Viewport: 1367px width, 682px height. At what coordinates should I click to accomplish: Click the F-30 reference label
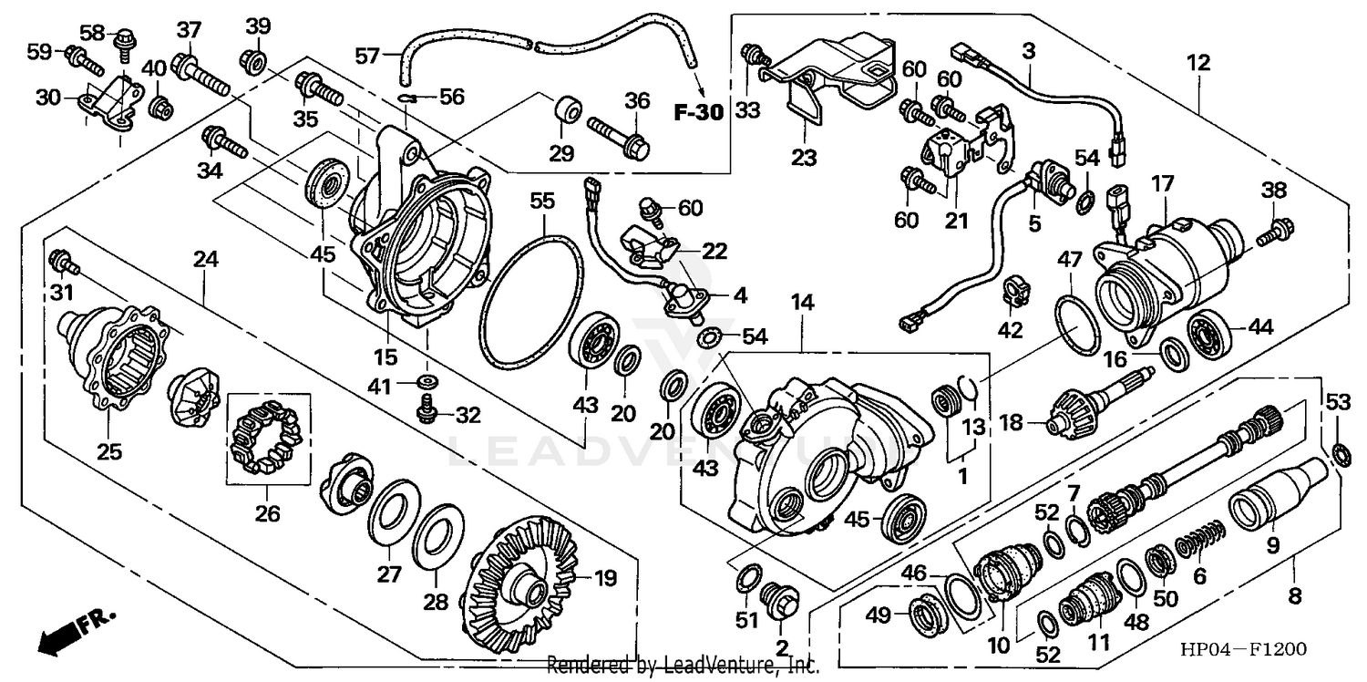coord(698,113)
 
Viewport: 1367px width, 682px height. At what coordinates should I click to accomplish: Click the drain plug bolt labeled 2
coord(781,602)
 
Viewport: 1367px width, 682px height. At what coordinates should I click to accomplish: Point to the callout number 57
coord(366,57)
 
